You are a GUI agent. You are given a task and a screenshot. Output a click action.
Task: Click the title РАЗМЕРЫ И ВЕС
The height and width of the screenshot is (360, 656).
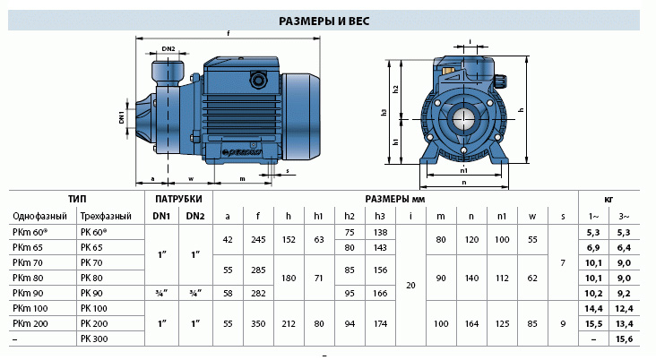tap(324, 21)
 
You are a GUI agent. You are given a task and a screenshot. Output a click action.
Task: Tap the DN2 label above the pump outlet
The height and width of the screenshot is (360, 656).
tap(168, 49)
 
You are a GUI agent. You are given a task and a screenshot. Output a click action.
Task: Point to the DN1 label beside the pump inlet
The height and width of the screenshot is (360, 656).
tap(122, 117)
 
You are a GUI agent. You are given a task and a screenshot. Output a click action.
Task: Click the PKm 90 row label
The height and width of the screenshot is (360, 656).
tap(28, 293)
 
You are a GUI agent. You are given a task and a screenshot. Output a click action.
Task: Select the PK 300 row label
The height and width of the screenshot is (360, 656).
tap(94, 339)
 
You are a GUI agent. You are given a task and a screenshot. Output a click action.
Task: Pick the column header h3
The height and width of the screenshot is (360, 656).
tap(379, 216)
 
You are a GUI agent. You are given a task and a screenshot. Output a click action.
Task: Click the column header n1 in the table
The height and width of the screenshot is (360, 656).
tap(502, 216)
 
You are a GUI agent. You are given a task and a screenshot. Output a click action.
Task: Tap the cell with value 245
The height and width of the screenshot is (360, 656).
tap(258, 240)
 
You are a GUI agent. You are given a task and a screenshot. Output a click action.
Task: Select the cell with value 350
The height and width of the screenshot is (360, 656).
tap(258, 323)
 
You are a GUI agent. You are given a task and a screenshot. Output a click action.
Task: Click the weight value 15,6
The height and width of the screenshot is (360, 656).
tap(625, 339)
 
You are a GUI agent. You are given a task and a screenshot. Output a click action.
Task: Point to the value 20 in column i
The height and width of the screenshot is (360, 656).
tap(410, 285)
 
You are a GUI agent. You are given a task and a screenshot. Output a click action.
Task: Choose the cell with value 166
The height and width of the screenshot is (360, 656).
tap(380, 293)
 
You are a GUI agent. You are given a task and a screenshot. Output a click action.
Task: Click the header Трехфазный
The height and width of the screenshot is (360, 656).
tap(106, 216)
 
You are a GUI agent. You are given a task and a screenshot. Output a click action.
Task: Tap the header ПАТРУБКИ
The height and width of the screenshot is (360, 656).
tap(178, 199)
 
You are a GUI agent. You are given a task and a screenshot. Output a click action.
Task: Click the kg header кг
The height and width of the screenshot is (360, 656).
tap(609, 200)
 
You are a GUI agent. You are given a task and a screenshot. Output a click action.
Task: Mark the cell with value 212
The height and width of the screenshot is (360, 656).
tap(289, 323)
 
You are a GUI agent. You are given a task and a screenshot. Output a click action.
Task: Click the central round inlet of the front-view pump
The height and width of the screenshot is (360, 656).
tap(463, 119)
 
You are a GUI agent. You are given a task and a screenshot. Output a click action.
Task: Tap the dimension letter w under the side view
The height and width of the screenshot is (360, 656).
tap(191, 179)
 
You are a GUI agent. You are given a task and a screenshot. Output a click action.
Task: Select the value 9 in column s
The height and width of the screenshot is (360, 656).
tap(563, 323)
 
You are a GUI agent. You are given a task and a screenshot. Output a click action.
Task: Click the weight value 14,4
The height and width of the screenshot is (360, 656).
tap(593, 309)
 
